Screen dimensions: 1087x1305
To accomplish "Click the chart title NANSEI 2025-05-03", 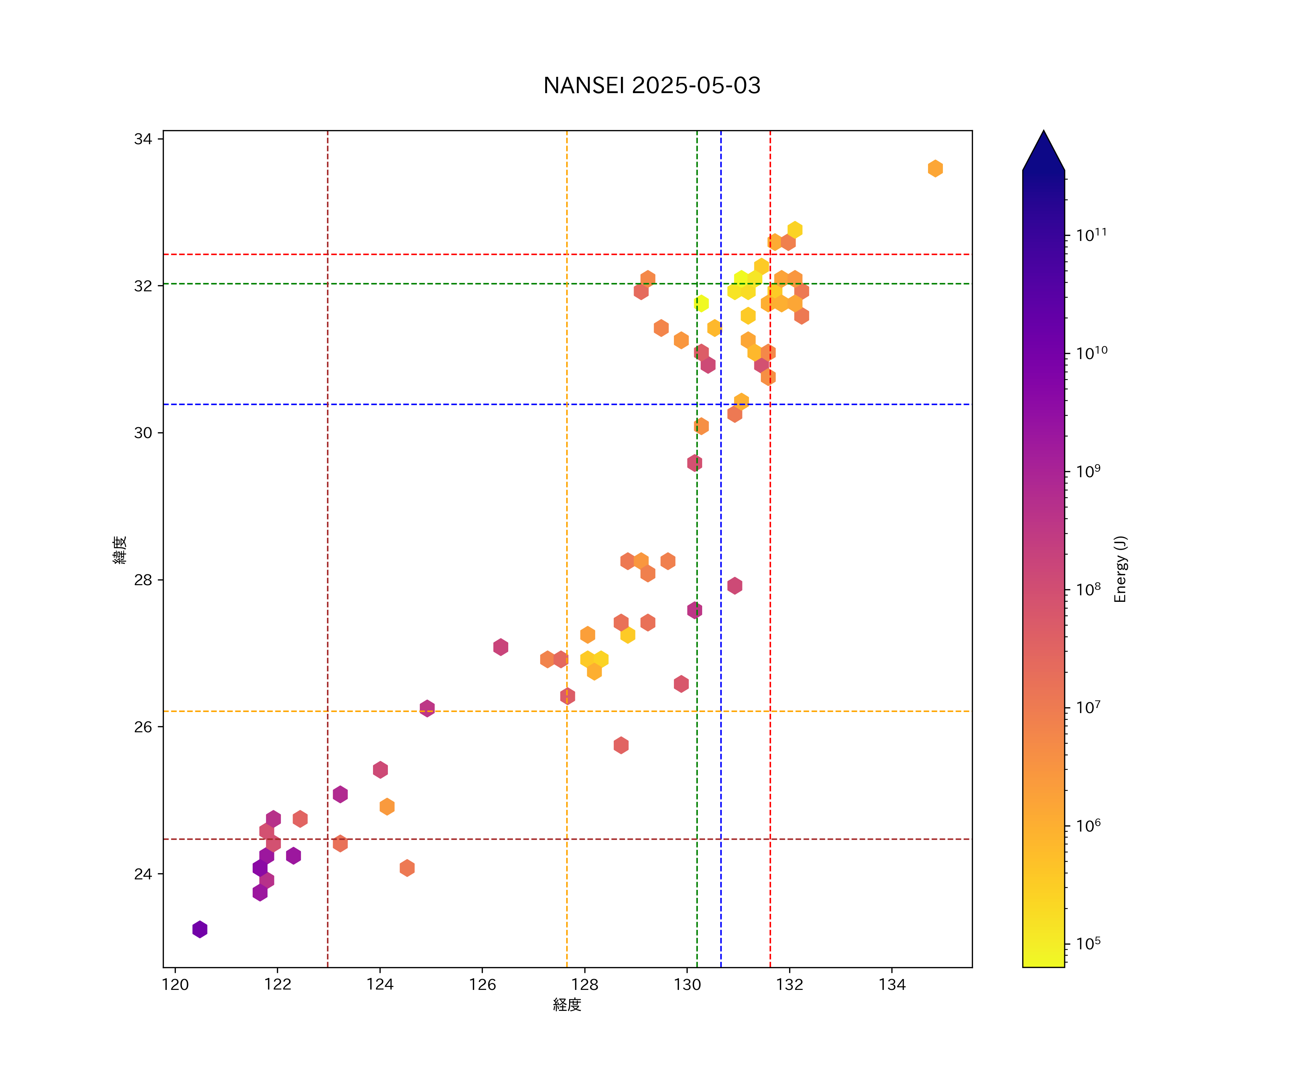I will (652, 86).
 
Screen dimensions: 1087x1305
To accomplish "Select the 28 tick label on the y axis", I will (143, 580).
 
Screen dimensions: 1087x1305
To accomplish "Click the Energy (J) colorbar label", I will (1120, 569).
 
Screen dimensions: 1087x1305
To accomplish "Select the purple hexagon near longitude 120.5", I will (199, 929).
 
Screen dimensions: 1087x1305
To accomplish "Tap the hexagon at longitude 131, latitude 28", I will (734, 586).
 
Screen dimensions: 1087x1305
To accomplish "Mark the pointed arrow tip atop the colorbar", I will (1043, 132).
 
